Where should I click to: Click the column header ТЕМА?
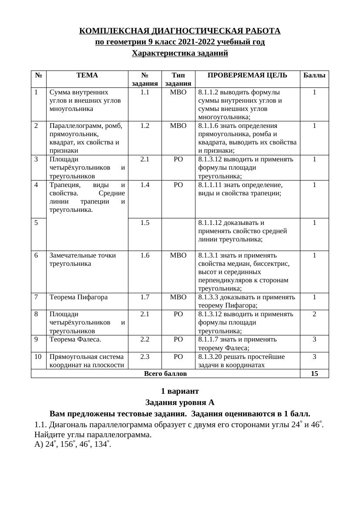87,75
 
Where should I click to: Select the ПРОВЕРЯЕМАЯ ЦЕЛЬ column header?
247,75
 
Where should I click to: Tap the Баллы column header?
314,75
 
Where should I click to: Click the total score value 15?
314,374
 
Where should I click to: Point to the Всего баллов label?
165,374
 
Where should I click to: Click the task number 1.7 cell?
145,297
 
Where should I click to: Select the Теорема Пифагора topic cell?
78,297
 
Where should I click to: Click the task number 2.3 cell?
145,357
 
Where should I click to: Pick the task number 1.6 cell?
145,255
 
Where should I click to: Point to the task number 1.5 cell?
145,223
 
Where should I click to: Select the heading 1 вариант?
180,391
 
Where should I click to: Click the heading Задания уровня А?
180,402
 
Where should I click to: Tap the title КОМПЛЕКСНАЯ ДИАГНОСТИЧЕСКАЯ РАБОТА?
180,31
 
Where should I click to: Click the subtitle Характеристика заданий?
180,54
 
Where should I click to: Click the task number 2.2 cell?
145,339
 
